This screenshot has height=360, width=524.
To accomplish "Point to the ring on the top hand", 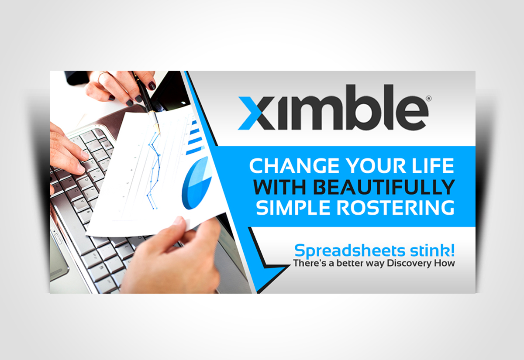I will point(100,78).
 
